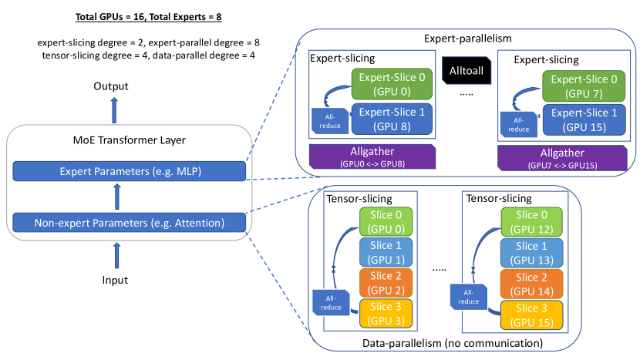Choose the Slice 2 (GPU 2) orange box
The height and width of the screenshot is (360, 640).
(x=385, y=283)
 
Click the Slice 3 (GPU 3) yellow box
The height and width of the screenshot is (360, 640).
(x=385, y=313)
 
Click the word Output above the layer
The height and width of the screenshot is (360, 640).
(x=113, y=86)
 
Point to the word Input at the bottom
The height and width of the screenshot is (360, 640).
(x=115, y=280)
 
